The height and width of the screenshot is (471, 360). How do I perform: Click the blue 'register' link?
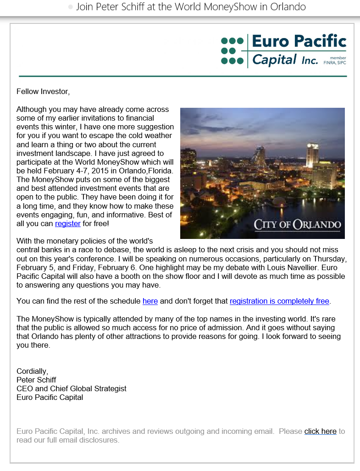pos(67,224)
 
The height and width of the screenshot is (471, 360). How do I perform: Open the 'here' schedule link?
pos(150,301)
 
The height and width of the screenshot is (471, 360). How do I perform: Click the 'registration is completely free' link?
pos(279,301)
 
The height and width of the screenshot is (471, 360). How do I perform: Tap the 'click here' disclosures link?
pos(320,432)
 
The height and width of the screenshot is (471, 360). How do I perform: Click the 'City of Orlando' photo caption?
pos(297,225)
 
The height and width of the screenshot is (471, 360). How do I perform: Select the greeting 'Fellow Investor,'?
pos(43,91)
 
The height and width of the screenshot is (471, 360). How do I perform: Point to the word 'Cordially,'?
pos(32,371)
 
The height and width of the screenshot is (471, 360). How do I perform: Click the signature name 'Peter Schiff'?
pos(36,380)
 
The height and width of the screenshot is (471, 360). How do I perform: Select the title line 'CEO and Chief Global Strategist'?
pos(71,388)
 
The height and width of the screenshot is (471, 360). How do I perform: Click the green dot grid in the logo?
pos(232,50)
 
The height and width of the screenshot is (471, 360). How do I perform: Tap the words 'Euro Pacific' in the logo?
pos(299,41)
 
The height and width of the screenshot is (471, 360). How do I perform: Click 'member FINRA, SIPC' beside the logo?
pos(334,61)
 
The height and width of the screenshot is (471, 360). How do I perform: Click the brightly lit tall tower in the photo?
pos(313,155)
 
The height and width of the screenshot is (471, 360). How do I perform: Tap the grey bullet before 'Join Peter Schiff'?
pos(70,7)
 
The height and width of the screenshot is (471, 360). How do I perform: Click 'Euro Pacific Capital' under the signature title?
pos(50,397)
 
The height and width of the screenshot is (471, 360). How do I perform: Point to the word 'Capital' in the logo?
pos(274,60)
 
